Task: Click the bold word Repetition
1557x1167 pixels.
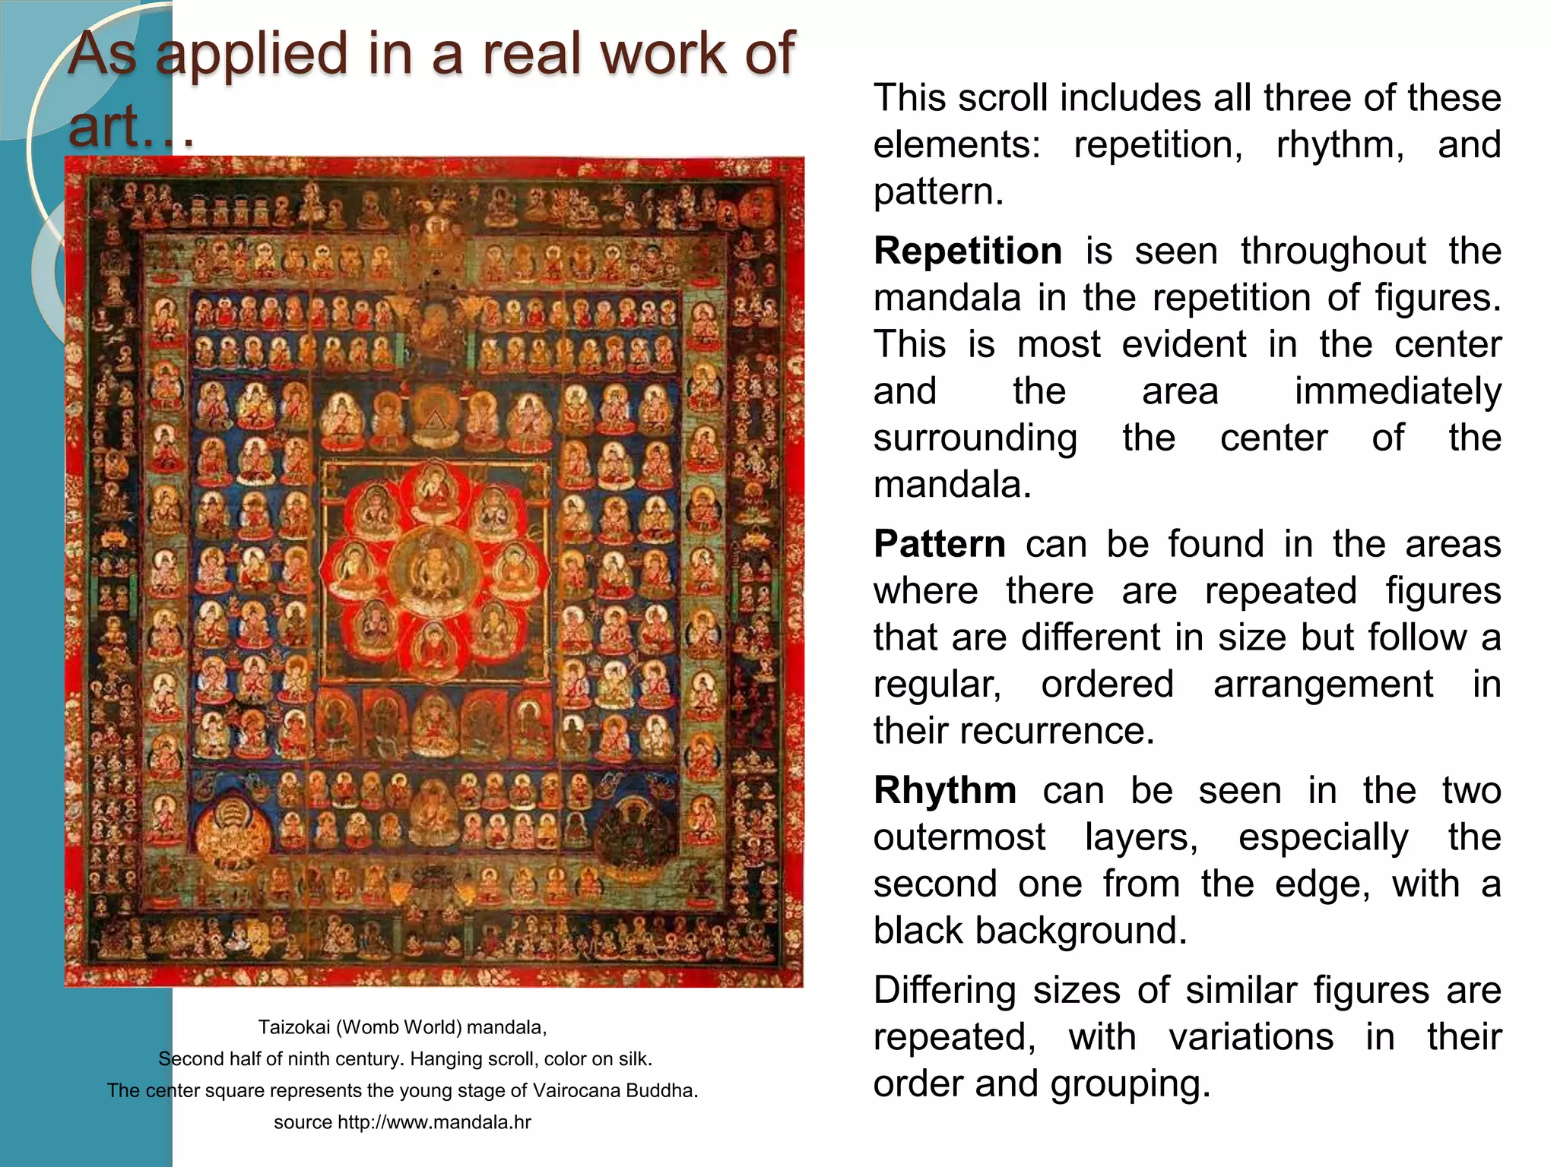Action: [x=967, y=251]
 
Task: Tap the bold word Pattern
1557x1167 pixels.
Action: [x=940, y=545]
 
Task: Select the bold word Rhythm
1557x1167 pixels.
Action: [x=945, y=791]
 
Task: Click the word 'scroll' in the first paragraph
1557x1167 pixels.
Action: [x=1004, y=99]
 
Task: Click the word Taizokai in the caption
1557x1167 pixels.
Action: [x=293, y=1027]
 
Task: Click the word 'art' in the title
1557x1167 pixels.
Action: [x=106, y=125]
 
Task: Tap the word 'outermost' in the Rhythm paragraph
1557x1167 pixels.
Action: [x=959, y=838]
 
